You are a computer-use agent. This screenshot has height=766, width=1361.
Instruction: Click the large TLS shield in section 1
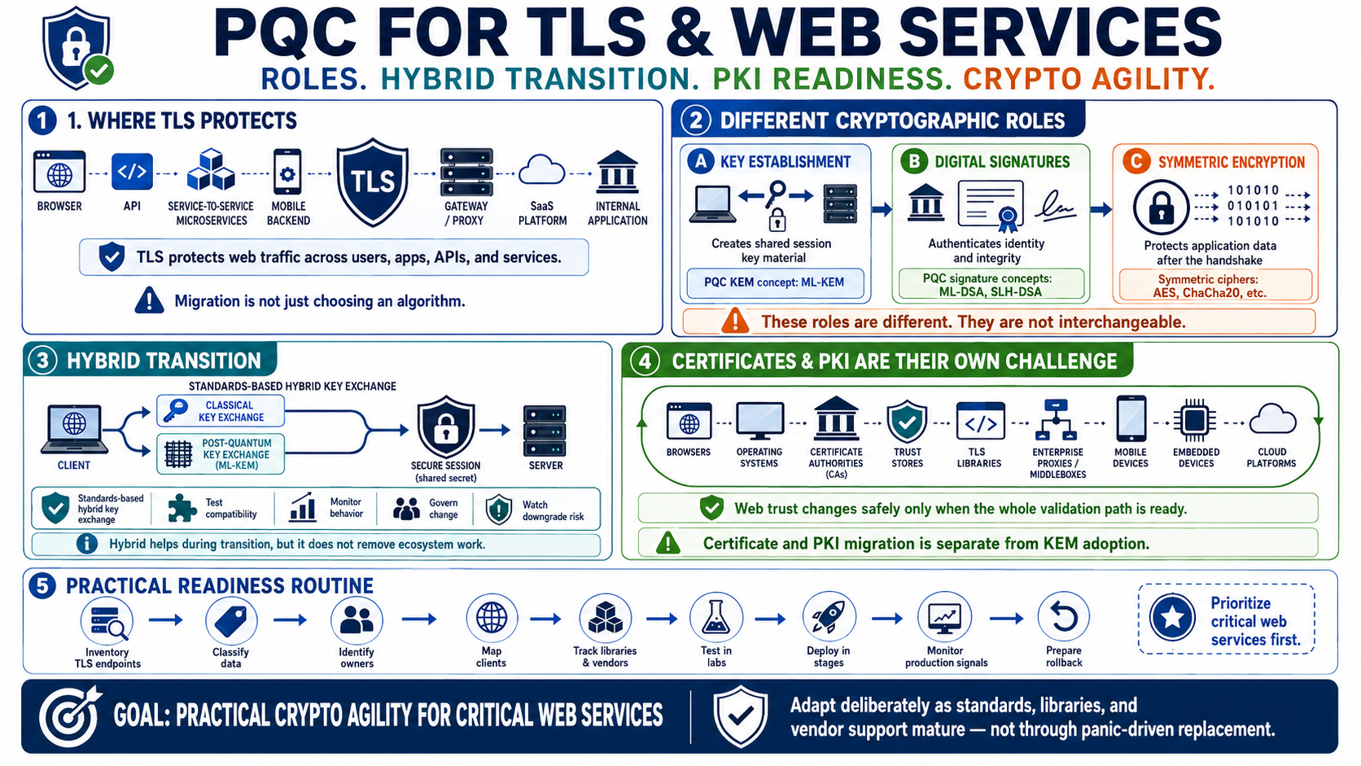(x=373, y=182)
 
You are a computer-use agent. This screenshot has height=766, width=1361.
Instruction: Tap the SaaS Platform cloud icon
(x=541, y=170)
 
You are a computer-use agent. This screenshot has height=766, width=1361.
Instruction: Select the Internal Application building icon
(x=617, y=172)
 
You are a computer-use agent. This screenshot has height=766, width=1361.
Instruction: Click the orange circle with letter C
(x=1136, y=161)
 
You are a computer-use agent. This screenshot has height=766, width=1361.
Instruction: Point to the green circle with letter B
(x=913, y=161)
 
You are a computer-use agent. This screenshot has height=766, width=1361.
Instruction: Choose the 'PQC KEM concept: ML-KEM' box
(x=775, y=282)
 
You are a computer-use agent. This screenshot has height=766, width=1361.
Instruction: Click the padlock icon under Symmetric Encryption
(x=1161, y=207)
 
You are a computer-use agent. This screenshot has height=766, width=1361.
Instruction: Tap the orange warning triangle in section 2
(x=734, y=321)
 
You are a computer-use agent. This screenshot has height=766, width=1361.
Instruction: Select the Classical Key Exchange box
(x=220, y=410)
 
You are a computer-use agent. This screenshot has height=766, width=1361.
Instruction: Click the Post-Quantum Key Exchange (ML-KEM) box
(x=220, y=453)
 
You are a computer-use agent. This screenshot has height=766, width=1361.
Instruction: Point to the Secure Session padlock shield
(x=445, y=427)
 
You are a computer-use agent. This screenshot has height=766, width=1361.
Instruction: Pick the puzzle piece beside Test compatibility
(x=181, y=508)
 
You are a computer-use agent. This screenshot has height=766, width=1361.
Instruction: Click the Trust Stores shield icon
(x=907, y=421)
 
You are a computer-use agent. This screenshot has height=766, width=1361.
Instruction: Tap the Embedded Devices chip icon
(x=1194, y=420)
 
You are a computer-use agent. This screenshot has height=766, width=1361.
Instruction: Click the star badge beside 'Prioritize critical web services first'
(x=1172, y=617)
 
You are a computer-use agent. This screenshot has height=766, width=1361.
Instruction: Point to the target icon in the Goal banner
(x=69, y=717)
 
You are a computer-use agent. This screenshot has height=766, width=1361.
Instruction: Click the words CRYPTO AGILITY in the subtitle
(x=1089, y=79)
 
